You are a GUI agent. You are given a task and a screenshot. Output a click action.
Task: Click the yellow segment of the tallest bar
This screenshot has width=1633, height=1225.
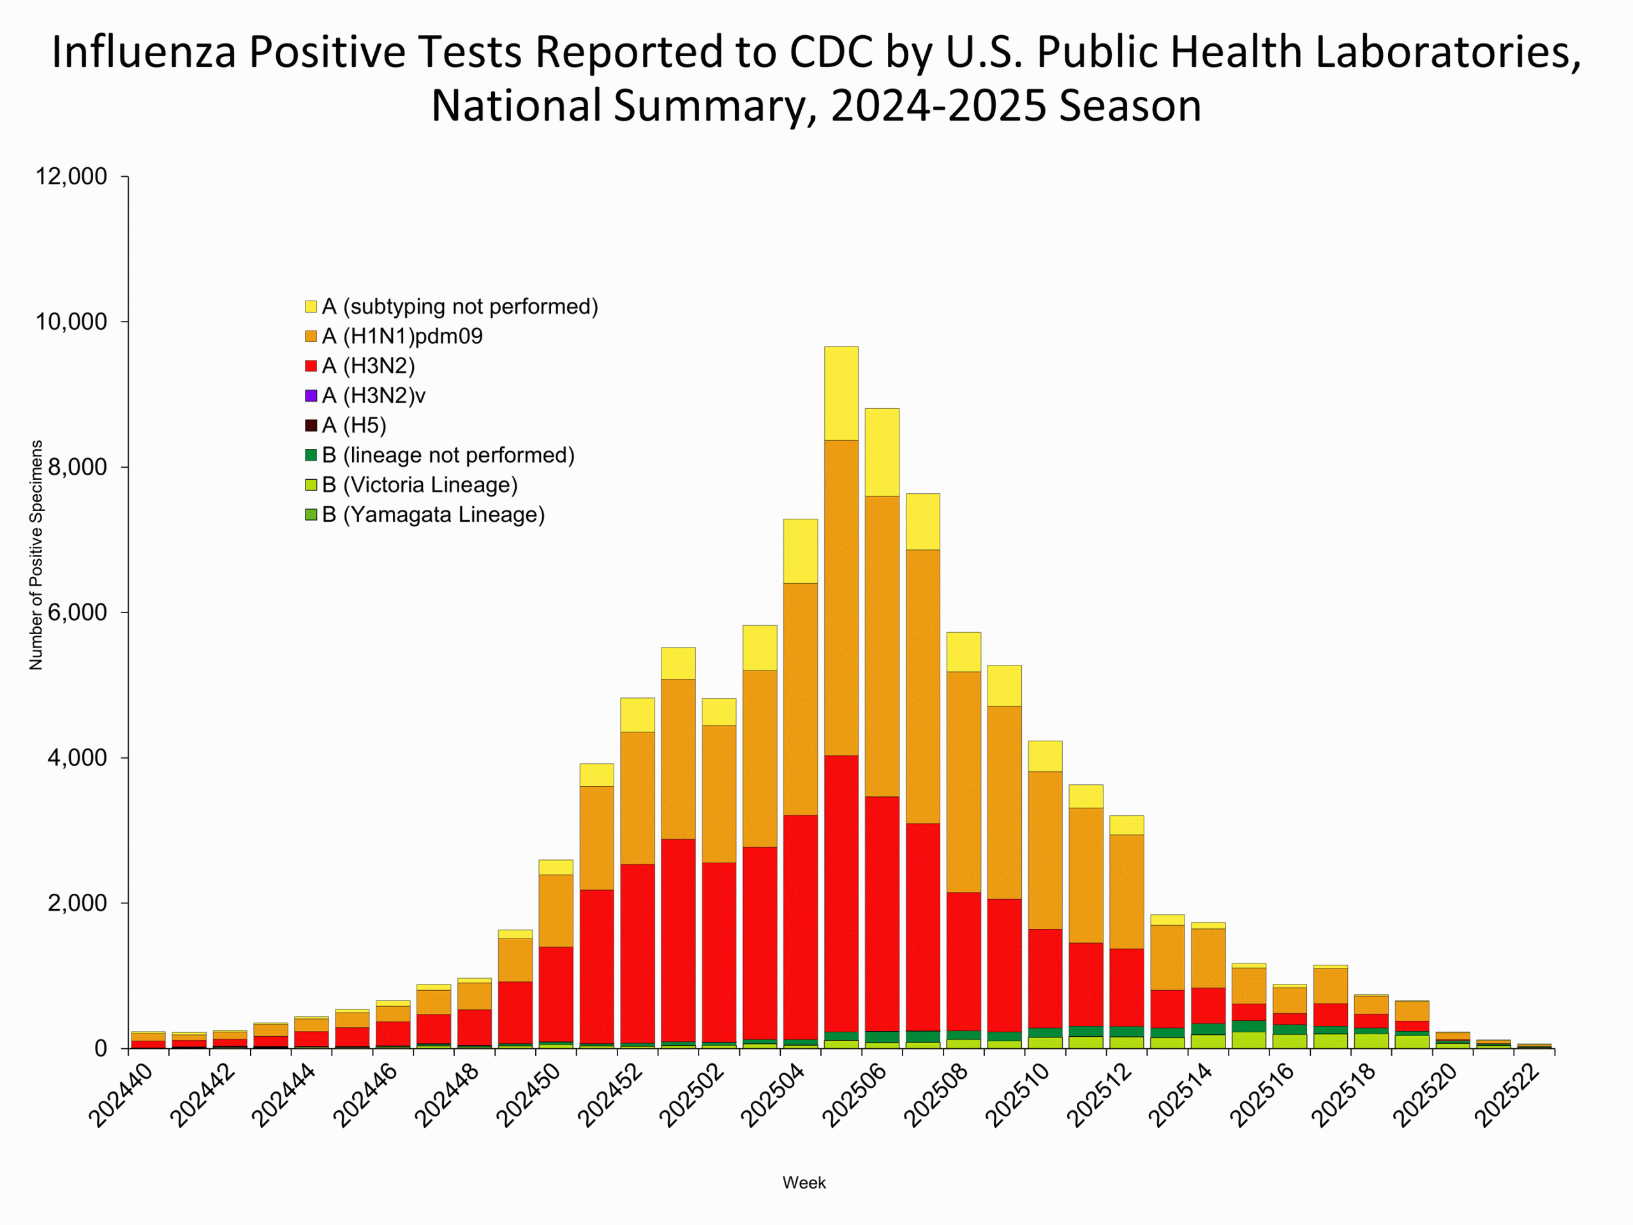[841, 393]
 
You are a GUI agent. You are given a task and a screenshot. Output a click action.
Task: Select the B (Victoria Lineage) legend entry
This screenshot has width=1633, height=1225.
[419, 484]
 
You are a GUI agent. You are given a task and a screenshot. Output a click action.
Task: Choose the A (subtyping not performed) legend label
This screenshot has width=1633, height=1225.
[460, 306]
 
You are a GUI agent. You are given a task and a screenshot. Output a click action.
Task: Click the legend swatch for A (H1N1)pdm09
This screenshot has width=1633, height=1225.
[311, 336]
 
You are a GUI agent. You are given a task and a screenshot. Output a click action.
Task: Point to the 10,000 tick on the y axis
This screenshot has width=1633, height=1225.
[71, 322]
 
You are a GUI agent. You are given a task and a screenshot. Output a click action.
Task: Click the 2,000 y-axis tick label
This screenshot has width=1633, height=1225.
[77, 903]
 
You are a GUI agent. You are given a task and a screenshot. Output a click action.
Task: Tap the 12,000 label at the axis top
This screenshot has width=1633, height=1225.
[71, 177]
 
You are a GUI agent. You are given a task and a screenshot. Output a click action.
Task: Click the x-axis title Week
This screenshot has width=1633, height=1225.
[804, 1182]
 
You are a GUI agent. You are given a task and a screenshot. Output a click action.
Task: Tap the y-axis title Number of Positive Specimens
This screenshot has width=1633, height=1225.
[36, 555]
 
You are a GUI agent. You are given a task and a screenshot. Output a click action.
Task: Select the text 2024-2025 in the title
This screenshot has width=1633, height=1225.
[938, 105]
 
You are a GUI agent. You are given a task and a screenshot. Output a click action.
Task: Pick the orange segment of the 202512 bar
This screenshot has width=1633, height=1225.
[1127, 891]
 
